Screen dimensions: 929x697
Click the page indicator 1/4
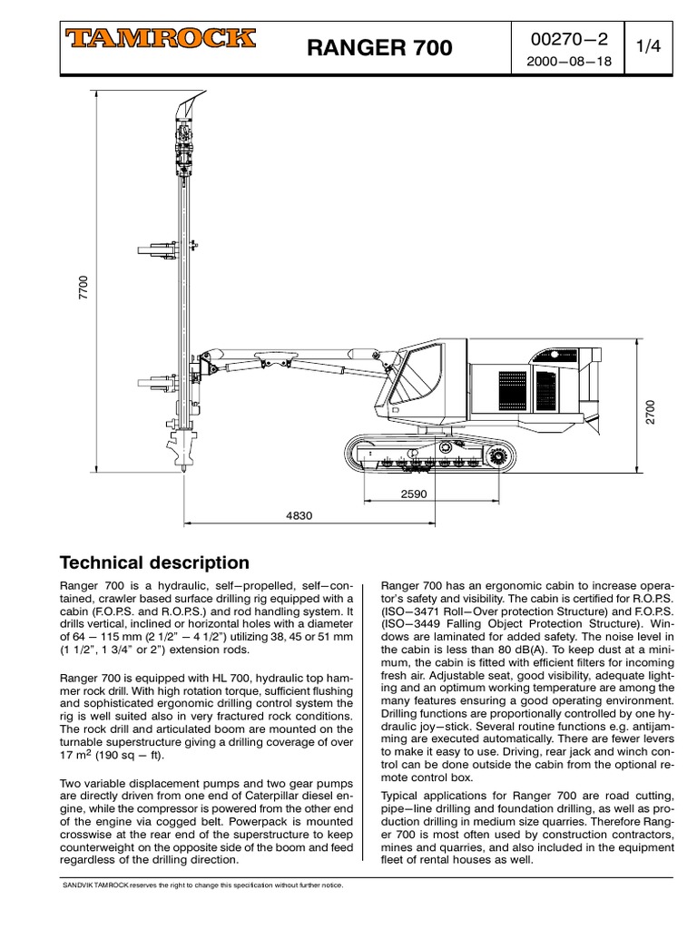(x=648, y=48)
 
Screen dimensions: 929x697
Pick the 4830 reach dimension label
(x=299, y=515)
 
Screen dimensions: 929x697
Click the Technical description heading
(x=153, y=562)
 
